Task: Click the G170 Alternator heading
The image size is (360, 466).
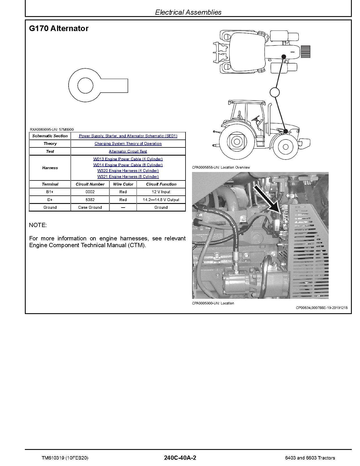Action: [59, 29]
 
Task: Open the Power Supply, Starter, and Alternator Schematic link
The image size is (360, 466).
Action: [128, 136]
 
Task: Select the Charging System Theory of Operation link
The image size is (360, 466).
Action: [128, 143]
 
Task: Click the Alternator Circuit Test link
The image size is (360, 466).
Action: [128, 151]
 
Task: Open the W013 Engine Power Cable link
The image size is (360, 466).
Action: [128, 159]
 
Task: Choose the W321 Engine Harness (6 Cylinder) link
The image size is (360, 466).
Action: [128, 177]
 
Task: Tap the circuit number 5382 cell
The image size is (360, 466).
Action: [90, 200]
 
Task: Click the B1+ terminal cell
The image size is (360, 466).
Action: [50, 192]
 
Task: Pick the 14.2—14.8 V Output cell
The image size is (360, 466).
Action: [161, 200]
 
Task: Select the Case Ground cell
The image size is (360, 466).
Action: [90, 207]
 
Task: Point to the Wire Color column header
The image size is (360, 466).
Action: [123, 184]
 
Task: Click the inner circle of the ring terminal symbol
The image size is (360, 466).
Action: [85, 85]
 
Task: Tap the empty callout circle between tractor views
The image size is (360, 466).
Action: [274, 92]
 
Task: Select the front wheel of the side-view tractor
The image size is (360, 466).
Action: [285, 147]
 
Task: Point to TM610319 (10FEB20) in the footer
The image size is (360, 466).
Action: [65, 458]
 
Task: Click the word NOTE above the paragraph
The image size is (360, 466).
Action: [38, 225]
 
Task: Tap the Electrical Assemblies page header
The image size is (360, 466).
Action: [188, 12]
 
